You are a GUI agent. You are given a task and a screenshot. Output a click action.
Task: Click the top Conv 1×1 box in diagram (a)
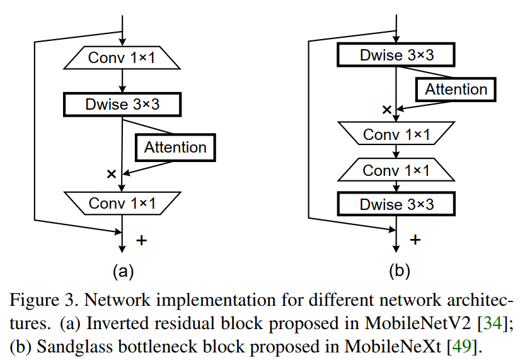122,58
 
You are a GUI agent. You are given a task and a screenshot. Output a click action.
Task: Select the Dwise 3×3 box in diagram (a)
122,104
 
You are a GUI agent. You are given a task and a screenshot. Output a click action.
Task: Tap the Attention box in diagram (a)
175,148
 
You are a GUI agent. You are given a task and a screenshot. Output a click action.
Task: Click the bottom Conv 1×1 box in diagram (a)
122,203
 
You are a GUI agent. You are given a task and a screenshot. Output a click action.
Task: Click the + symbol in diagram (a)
142,240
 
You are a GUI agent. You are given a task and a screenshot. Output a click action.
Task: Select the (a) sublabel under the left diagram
123,271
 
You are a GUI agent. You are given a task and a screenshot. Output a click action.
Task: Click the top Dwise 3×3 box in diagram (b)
396,55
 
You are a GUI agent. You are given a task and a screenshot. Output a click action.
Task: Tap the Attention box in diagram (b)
456,90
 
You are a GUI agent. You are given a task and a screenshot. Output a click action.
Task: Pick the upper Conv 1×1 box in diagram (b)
396,135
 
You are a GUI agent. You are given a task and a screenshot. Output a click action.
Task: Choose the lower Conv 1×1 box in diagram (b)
396,171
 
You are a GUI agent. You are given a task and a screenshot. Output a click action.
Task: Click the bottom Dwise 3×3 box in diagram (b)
396,205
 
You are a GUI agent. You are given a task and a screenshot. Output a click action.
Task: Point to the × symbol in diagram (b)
387,110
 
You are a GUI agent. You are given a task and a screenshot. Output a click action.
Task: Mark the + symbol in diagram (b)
415,240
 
